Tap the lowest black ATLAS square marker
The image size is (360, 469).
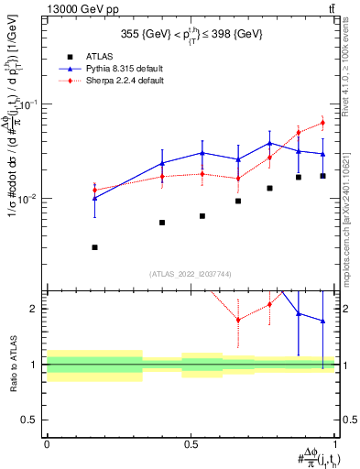[x=95, y=247]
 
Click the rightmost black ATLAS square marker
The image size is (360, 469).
[x=322, y=176]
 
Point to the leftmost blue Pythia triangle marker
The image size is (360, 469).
[x=95, y=198]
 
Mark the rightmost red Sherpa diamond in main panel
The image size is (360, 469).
[x=322, y=123]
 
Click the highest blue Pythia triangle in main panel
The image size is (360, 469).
[x=270, y=143]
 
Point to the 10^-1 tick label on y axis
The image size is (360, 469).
[x=30, y=104]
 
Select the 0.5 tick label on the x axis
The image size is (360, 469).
[x=191, y=444]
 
